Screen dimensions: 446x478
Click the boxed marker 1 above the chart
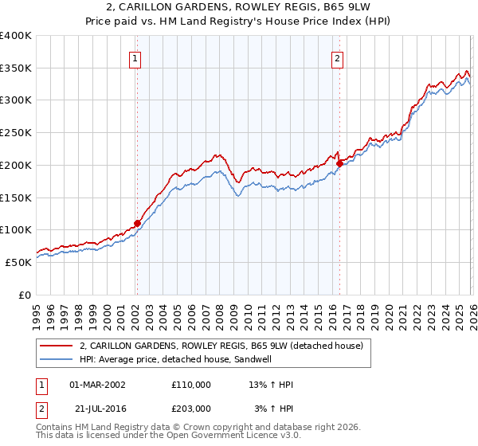point(135,57)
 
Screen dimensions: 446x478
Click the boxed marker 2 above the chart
point(338,57)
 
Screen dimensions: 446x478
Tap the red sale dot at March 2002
point(137,224)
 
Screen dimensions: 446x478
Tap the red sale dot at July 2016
point(339,163)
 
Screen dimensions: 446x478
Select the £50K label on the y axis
point(18,262)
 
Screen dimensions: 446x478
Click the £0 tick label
point(25,295)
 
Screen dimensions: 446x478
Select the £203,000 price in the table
point(191,409)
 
